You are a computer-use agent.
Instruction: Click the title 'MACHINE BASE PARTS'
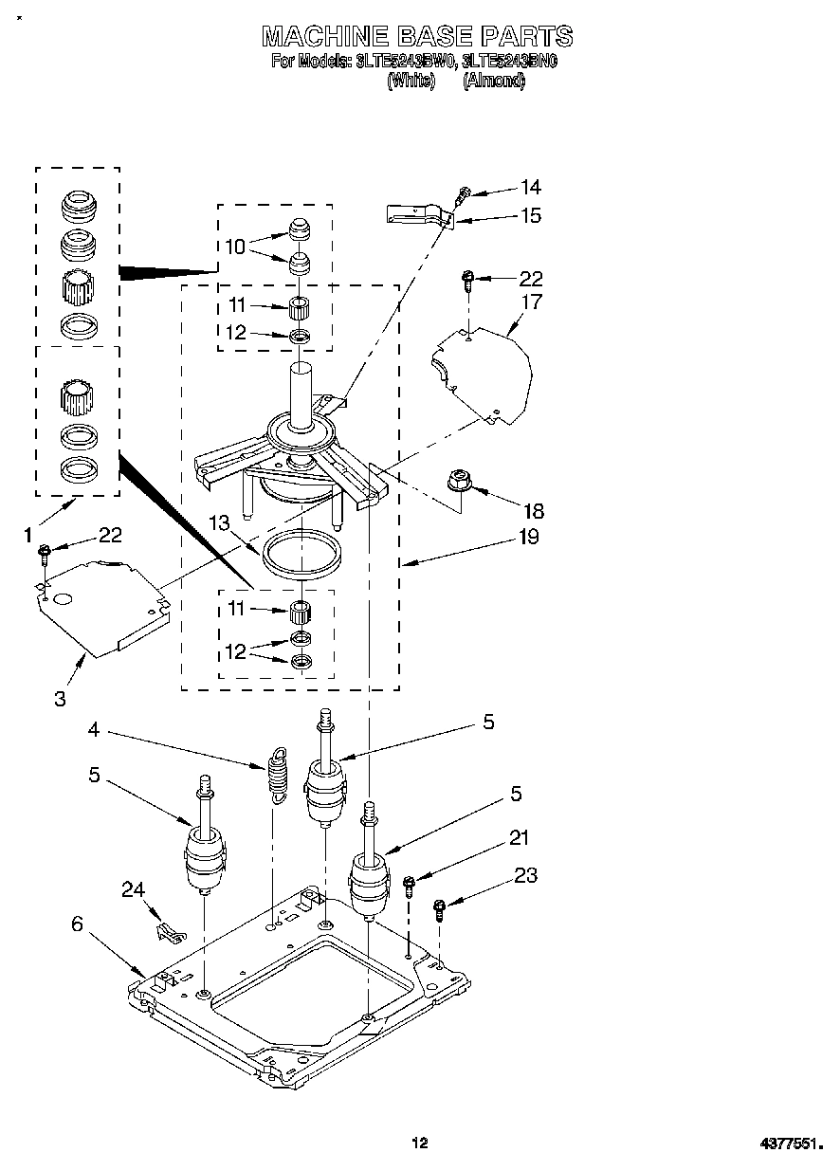point(417,36)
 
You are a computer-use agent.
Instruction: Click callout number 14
point(531,187)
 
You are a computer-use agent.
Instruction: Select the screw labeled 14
point(463,195)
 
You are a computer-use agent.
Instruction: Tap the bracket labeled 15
point(417,215)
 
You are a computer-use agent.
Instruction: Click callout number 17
point(531,302)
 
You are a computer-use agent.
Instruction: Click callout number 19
point(528,537)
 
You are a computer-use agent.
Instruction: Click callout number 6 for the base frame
point(78,924)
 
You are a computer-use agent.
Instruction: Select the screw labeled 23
point(439,909)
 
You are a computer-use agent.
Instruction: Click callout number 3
point(60,699)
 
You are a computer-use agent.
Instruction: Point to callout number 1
point(28,536)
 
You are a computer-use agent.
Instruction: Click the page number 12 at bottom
point(419,1144)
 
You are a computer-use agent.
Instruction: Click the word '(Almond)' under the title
point(493,82)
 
